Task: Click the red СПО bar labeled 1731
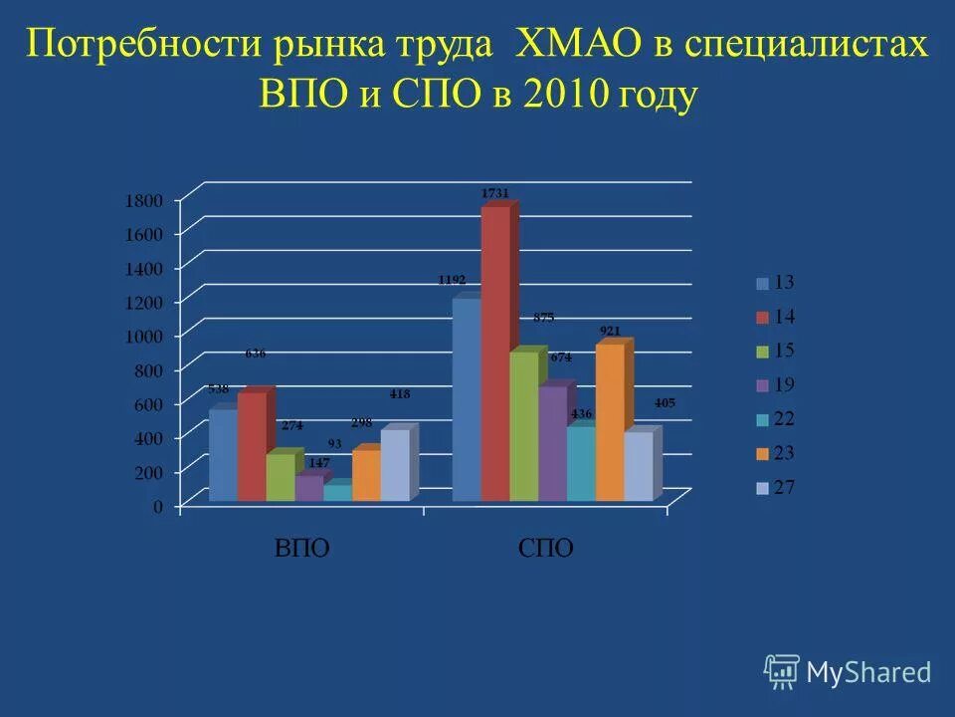[x=495, y=354]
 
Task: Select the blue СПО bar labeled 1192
[x=466, y=398]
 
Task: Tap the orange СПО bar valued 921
[x=610, y=421]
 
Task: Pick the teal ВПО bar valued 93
[x=337, y=492]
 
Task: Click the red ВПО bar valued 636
[x=252, y=446]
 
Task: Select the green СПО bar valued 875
[x=523, y=425]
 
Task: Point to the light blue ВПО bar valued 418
[x=395, y=464]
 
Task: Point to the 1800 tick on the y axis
[x=142, y=200]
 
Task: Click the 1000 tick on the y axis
[x=142, y=336]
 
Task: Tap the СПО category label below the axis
[x=546, y=549]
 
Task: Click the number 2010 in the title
[x=568, y=97]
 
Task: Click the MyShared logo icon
[x=782, y=672]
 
